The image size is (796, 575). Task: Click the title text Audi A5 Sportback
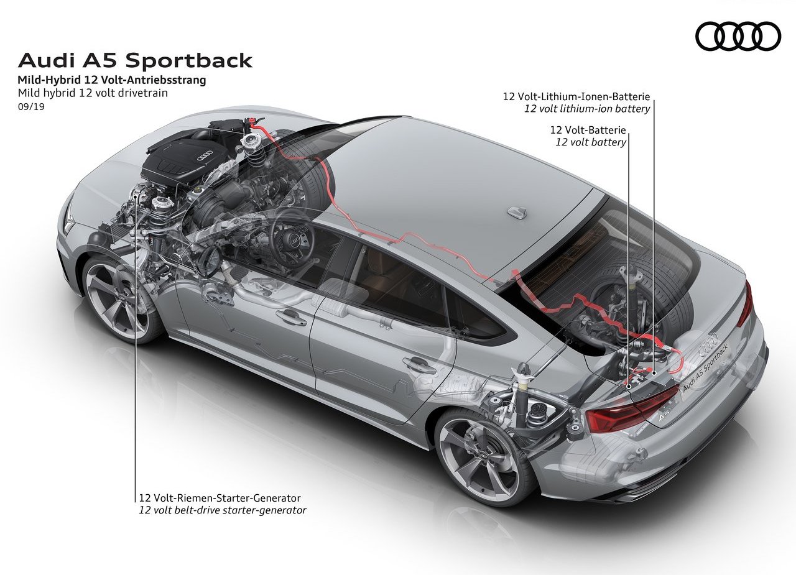[x=135, y=60]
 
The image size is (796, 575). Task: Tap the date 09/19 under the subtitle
[x=31, y=106]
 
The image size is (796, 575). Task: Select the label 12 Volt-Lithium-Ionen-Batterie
[x=576, y=96]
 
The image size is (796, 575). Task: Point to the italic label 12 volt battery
[x=591, y=142]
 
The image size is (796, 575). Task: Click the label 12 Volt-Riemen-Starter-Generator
[x=220, y=498]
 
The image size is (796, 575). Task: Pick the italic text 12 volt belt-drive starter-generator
[x=223, y=510]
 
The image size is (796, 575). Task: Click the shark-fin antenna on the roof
[x=517, y=212]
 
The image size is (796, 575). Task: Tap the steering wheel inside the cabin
[x=292, y=238]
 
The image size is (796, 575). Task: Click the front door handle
[x=291, y=317]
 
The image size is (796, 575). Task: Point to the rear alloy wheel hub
[x=483, y=456]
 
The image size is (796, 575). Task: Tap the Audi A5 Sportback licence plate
[x=706, y=369]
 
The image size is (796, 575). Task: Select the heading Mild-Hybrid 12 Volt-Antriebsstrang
[x=112, y=80]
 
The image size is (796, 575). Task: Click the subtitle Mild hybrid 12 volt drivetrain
[x=93, y=93]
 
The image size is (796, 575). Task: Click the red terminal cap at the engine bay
[x=253, y=122]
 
